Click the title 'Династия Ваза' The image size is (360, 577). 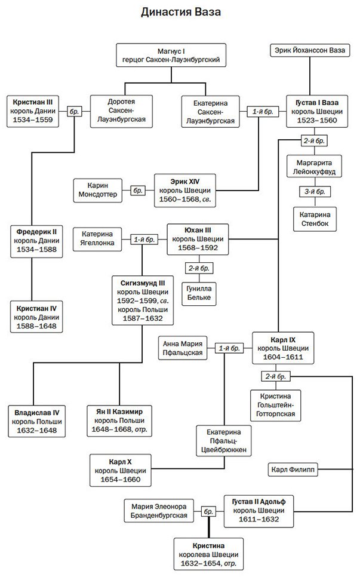[x=180, y=12]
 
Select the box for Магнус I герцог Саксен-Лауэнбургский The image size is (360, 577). [x=171, y=55]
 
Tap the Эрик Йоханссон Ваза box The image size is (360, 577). [x=310, y=50]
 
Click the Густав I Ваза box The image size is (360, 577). [x=317, y=111]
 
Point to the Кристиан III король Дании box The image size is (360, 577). [x=33, y=111]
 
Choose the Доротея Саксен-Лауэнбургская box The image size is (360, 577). [x=121, y=111]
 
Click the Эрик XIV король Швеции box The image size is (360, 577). [x=185, y=191]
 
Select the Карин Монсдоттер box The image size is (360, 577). [x=97, y=191]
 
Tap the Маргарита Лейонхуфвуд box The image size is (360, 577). [x=315, y=167]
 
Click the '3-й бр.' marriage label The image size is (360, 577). [x=315, y=192]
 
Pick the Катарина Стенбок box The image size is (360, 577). [x=315, y=219]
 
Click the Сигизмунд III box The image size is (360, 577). [x=143, y=300]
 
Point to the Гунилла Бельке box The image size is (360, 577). [x=199, y=293]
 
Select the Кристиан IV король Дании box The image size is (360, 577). [x=36, y=317]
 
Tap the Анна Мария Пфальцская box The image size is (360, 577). [x=183, y=348]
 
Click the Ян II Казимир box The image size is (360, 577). [x=119, y=421]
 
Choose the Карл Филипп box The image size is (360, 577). [x=293, y=469]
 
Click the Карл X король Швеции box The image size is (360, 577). [x=120, y=470]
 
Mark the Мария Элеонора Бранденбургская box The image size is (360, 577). [x=159, y=511]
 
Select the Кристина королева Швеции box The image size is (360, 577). [x=208, y=554]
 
